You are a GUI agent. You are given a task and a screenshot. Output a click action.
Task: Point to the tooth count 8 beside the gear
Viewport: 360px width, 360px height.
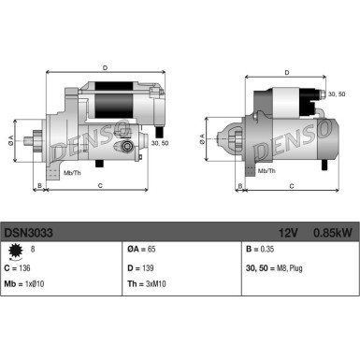34,250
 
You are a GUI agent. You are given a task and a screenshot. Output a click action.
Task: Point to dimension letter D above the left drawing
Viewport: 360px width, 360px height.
104,66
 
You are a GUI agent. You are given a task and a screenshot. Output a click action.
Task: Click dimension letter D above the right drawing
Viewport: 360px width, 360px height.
287,67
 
